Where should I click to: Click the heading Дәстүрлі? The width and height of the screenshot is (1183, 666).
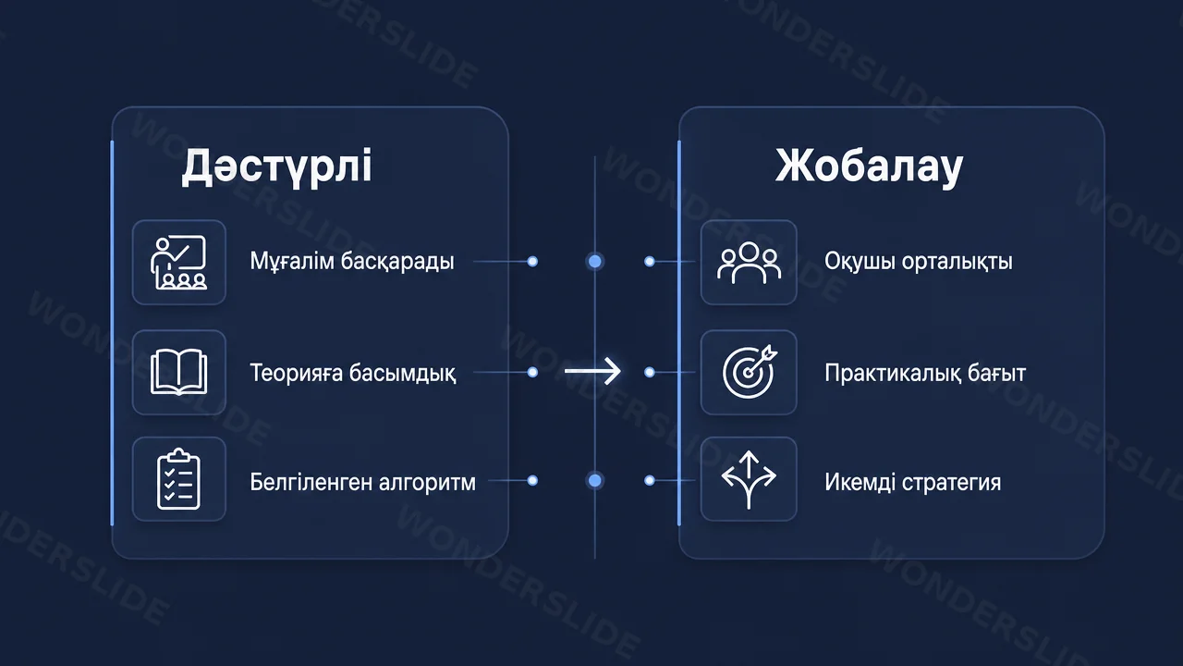[x=276, y=166]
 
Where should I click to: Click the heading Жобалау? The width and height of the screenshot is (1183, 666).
[x=870, y=166]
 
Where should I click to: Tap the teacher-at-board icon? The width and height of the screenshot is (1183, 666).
[x=178, y=263]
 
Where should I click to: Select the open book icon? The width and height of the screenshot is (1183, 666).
[x=178, y=372]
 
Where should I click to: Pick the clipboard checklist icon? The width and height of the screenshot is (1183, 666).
[x=178, y=479]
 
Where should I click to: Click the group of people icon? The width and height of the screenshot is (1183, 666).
[x=749, y=263]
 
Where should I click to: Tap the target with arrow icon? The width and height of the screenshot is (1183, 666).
[x=750, y=372]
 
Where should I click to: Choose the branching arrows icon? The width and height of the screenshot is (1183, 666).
[x=749, y=479]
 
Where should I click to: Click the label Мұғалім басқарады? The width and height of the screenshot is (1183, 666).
[x=352, y=261]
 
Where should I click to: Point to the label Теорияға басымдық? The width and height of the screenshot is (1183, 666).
[x=352, y=373]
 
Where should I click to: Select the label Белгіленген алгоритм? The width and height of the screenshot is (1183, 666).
[x=362, y=482]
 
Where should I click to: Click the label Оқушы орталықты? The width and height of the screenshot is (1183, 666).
[x=919, y=261]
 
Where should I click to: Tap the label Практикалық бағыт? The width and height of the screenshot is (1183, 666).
[x=925, y=373]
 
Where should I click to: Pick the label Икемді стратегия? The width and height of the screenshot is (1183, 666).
[x=912, y=482]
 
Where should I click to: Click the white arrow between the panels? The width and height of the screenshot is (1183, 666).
[x=592, y=371]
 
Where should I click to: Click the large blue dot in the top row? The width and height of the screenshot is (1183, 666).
[x=594, y=261]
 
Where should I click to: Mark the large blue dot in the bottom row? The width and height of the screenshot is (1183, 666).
[x=594, y=480]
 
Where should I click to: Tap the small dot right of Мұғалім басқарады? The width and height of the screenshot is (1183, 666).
[x=532, y=261]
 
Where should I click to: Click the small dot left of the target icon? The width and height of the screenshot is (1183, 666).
[x=650, y=372]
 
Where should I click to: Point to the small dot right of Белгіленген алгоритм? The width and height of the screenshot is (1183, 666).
[x=532, y=480]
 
